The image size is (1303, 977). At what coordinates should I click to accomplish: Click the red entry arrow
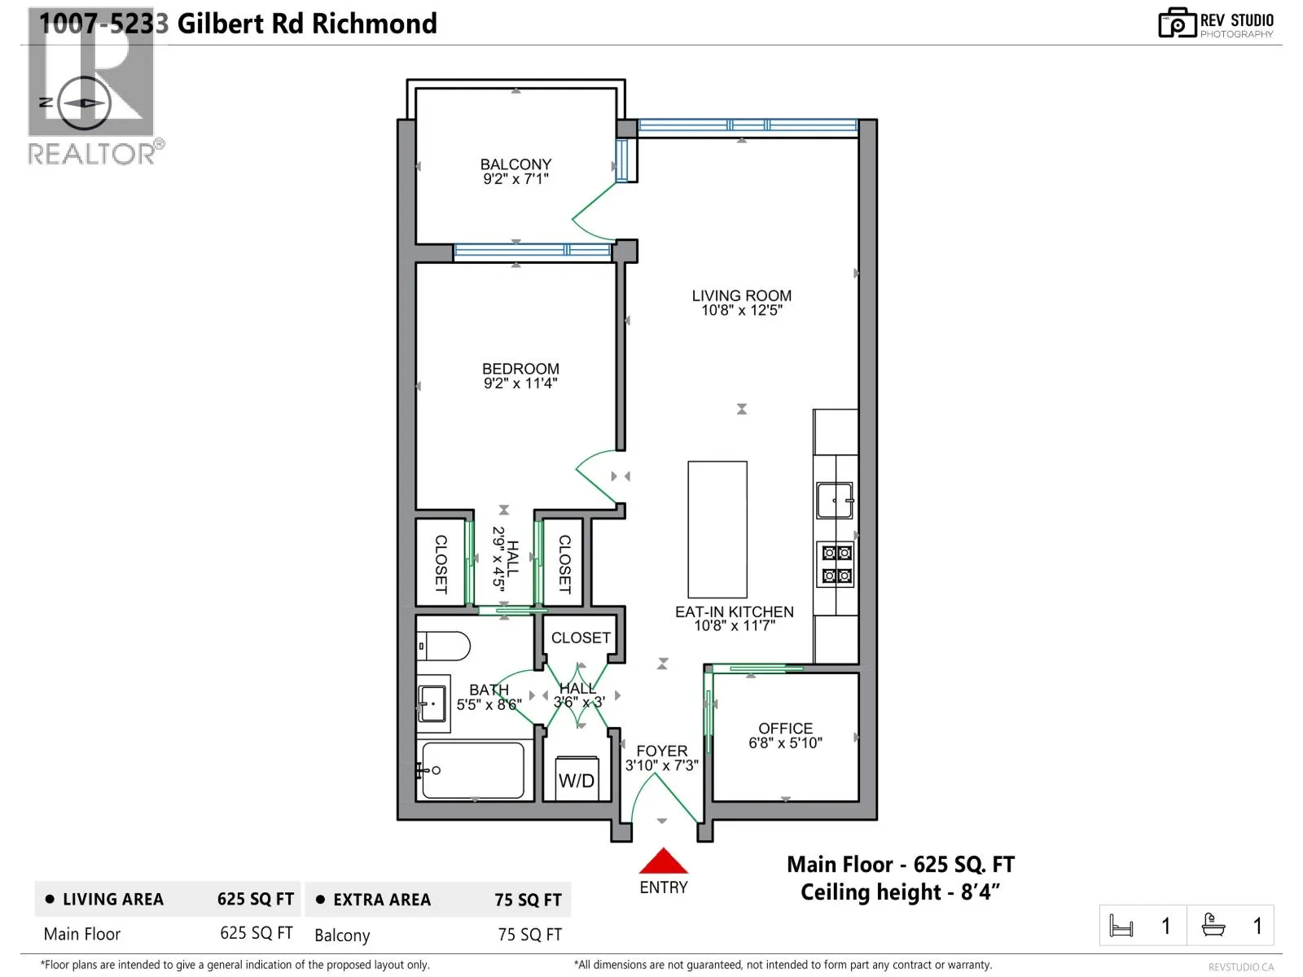click(x=664, y=861)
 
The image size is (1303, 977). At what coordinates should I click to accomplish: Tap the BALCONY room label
click(x=515, y=164)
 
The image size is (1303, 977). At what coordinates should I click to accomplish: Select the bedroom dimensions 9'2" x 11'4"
click(x=520, y=383)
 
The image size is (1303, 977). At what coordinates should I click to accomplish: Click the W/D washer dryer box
click(x=577, y=779)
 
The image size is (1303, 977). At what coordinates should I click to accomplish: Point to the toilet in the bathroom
click(x=445, y=647)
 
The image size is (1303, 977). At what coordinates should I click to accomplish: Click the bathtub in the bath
click(x=472, y=769)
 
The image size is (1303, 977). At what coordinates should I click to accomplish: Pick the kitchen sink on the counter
click(x=835, y=500)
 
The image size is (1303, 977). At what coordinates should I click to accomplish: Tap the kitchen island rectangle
click(x=717, y=529)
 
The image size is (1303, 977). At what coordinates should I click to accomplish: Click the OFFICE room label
click(x=785, y=728)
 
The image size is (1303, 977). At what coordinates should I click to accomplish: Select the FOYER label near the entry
click(x=661, y=751)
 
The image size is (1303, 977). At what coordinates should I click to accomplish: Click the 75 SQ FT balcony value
click(x=529, y=935)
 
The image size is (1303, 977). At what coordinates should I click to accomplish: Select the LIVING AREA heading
click(x=113, y=900)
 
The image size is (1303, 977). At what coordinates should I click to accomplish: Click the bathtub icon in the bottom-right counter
click(x=1213, y=926)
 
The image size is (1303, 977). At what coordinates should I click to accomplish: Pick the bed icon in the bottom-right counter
click(x=1121, y=926)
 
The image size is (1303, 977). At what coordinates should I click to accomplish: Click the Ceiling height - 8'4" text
click(x=900, y=892)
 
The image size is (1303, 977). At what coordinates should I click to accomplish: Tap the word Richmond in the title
click(x=374, y=24)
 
